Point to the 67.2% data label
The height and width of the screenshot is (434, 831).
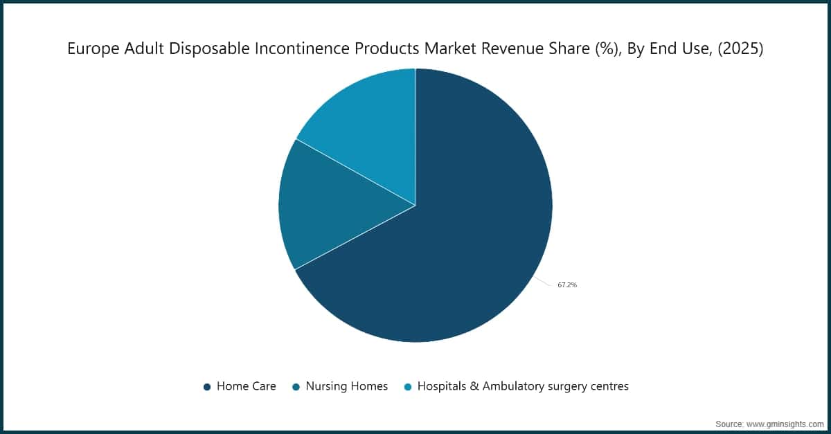click(567, 284)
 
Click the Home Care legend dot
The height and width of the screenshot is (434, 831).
click(206, 387)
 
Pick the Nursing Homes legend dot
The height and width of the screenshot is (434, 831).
click(296, 387)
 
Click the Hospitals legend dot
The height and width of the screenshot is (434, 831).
click(407, 387)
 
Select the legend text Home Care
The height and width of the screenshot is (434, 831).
click(246, 386)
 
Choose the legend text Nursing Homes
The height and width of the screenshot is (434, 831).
click(346, 386)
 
